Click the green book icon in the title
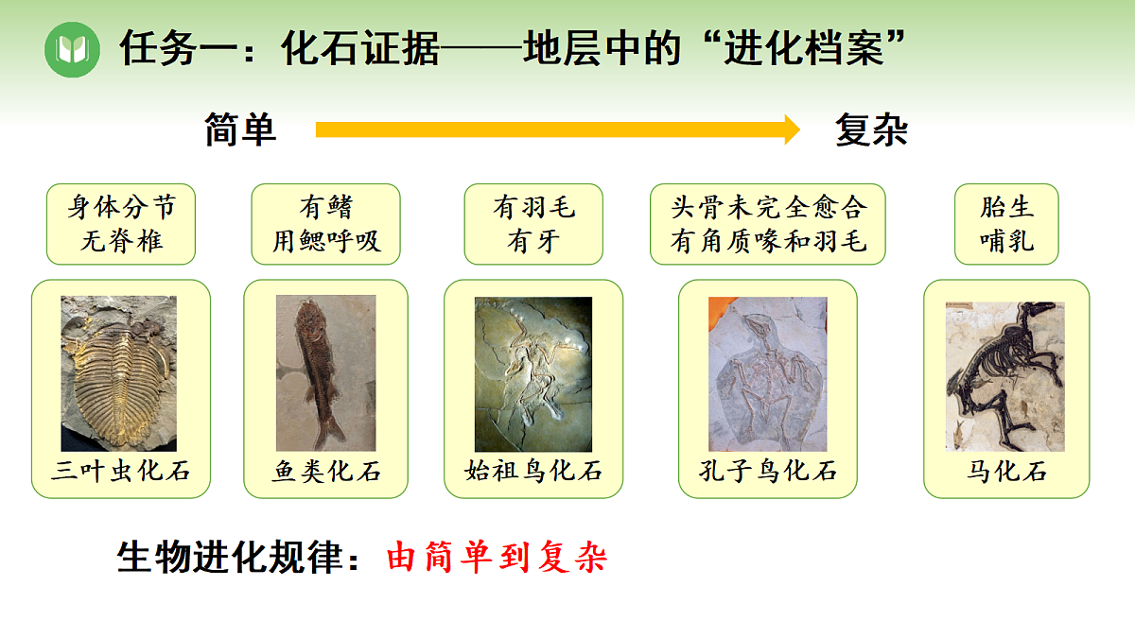click(x=72, y=49)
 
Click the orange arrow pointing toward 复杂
click(x=558, y=129)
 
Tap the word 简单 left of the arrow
click(x=240, y=130)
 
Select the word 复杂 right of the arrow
click(x=871, y=130)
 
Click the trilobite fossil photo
click(x=118, y=373)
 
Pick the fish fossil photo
click(x=325, y=373)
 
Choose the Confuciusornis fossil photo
click(x=767, y=373)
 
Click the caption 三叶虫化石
click(x=120, y=472)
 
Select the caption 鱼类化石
click(x=326, y=472)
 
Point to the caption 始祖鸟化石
click(x=533, y=471)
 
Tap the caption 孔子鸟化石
click(x=768, y=471)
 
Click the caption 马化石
click(x=1006, y=472)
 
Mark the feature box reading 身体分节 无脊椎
click(x=121, y=224)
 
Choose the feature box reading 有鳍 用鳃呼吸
click(x=326, y=224)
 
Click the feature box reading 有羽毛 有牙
click(x=533, y=224)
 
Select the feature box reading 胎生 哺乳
click(x=1006, y=224)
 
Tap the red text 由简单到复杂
click(x=497, y=558)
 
